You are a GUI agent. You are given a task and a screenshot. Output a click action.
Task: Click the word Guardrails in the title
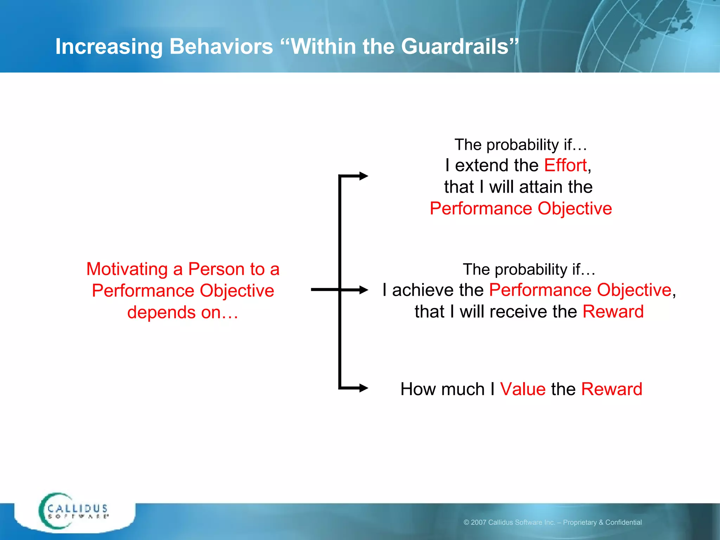tap(456, 46)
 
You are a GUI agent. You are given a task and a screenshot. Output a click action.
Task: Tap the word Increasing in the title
tap(109, 46)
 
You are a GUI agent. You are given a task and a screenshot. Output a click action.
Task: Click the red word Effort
tap(565, 165)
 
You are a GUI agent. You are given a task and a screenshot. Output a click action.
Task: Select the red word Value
tap(523, 389)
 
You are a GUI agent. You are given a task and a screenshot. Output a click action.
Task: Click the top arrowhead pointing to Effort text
tap(363, 176)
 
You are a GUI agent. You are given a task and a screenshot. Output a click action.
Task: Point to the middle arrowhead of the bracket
tap(363, 290)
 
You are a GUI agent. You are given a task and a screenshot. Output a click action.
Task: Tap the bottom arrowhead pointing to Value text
tap(363, 388)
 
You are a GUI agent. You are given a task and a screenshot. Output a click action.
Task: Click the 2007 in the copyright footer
tap(478, 522)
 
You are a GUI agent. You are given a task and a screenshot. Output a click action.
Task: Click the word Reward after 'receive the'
tap(613, 311)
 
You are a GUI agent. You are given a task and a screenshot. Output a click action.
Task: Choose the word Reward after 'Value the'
tap(611, 389)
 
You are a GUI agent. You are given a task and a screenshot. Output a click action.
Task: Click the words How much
tap(443, 389)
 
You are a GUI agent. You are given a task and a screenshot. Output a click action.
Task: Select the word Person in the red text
tap(216, 269)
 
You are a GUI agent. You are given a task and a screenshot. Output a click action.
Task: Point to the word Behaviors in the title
tap(221, 46)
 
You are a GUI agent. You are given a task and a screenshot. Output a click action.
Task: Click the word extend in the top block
tap(479, 165)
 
